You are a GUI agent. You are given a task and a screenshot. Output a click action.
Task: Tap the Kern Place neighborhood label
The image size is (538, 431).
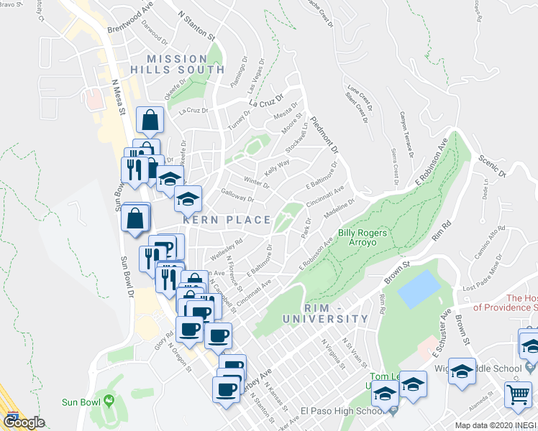226,220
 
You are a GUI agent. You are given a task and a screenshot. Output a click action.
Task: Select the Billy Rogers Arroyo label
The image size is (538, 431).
363,238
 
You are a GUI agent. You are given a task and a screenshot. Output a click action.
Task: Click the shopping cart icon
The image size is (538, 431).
518,393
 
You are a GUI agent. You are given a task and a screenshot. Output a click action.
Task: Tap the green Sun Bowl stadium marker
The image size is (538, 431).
109,400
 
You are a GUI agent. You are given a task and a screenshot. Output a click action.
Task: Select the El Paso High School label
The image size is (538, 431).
342,412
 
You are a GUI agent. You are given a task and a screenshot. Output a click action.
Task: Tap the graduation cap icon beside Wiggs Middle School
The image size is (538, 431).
462,371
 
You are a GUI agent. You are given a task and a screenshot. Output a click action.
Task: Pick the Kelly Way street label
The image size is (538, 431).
277,167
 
